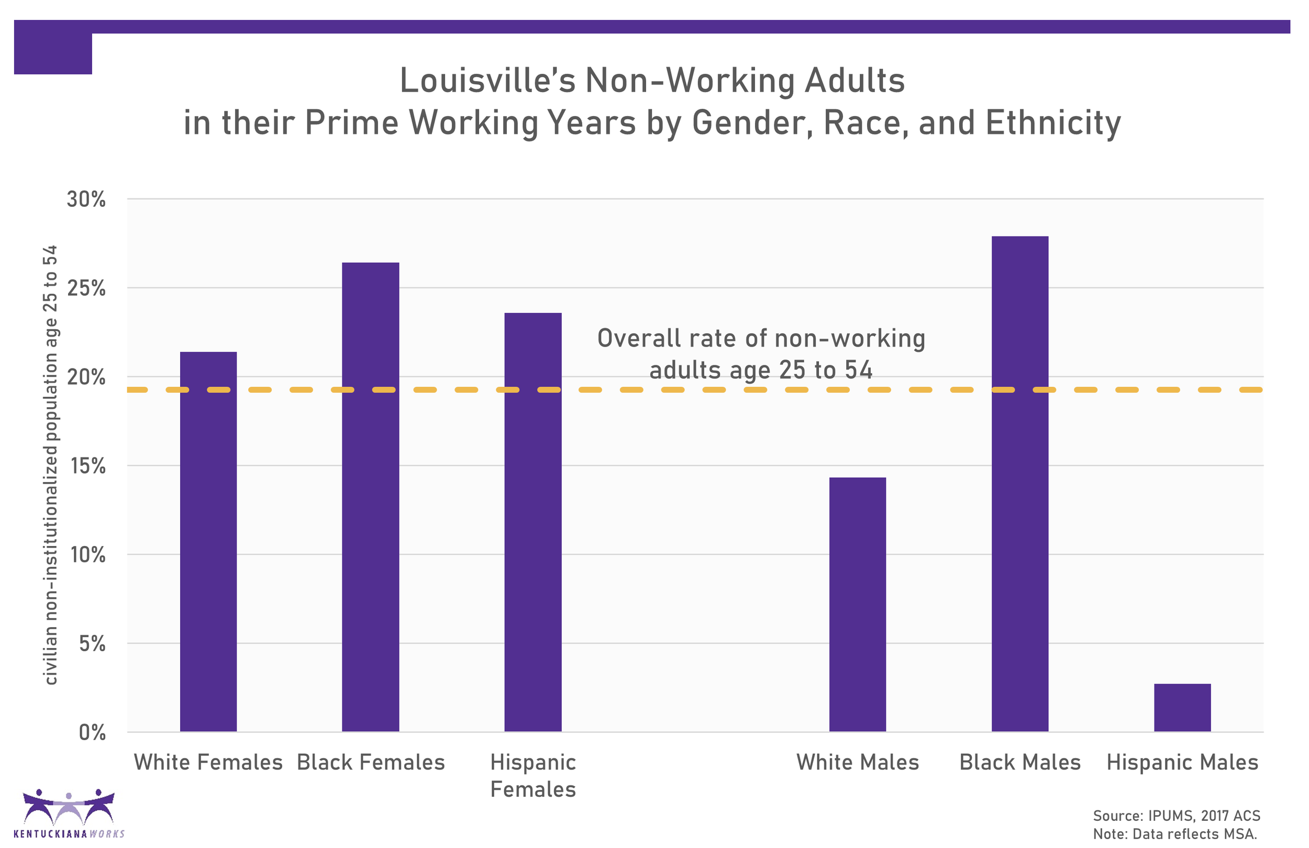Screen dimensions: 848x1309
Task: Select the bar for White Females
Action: pyautogui.click(x=208, y=542)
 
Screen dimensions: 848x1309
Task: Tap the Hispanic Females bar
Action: pyautogui.click(x=533, y=522)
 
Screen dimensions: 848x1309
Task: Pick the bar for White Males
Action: pyautogui.click(x=858, y=605)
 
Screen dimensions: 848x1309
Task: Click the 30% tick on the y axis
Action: pyautogui.click(x=86, y=199)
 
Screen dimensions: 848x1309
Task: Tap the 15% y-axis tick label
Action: pyautogui.click(x=88, y=466)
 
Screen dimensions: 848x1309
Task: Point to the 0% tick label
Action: pyautogui.click(x=92, y=732)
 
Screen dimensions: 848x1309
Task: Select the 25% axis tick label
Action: pyautogui.click(x=86, y=288)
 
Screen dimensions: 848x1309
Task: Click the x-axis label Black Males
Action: pyautogui.click(x=1019, y=763)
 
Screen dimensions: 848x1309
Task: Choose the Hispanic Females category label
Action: pyautogui.click(x=533, y=776)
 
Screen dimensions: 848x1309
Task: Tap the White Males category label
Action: pyautogui.click(x=858, y=763)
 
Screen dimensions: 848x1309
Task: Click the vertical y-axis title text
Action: pyautogui.click(x=50, y=465)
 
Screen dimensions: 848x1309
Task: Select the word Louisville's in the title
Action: pyautogui.click(x=487, y=81)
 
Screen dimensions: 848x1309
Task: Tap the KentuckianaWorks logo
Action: pyautogui.click(x=69, y=813)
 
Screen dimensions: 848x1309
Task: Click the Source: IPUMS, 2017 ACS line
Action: pyautogui.click(x=1176, y=816)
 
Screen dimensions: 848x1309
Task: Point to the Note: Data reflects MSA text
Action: pyautogui.click(x=1174, y=834)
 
